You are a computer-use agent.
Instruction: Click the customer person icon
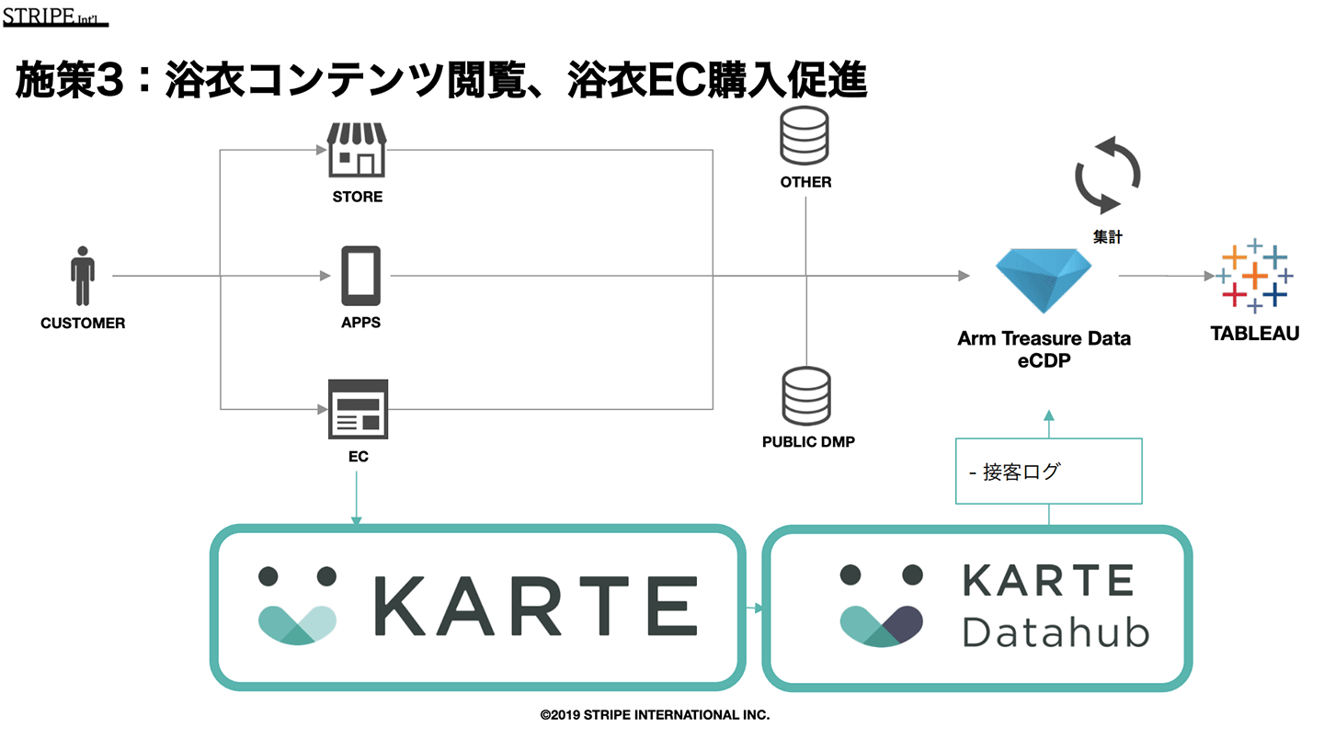point(83,276)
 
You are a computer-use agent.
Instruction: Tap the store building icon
point(357,152)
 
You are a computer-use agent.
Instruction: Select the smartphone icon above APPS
point(360,276)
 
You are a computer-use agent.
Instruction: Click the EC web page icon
point(358,409)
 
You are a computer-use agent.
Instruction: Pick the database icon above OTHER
point(805,137)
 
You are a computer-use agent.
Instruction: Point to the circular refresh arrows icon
point(1108,175)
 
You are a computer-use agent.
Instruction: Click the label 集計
point(1107,236)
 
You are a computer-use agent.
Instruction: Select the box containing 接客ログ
point(1049,471)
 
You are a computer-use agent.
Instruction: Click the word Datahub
point(1056,632)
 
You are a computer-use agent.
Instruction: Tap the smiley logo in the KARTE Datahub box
point(882,607)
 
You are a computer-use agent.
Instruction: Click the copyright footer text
point(655,714)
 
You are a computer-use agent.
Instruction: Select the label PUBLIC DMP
point(808,442)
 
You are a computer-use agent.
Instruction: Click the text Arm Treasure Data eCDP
point(1044,349)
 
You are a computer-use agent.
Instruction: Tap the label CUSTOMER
point(83,324)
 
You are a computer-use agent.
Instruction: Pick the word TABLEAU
point(1254,334)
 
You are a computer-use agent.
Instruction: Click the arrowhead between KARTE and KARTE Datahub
point(759,608)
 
